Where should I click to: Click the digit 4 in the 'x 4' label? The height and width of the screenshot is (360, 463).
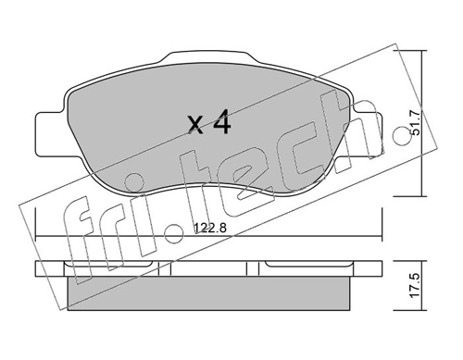(222, 121)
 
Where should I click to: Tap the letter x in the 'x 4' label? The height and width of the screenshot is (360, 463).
(196, 125)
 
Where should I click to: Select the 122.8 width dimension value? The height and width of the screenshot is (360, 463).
(210, 229)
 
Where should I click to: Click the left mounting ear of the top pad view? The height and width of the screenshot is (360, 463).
(50, 134)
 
